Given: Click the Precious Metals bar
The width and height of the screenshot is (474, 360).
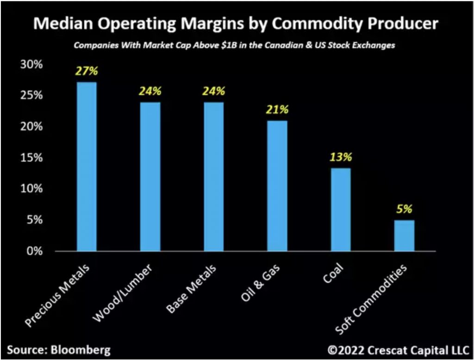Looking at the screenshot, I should tap(87, 167).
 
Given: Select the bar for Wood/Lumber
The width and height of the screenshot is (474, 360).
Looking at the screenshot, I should tap(150, 177).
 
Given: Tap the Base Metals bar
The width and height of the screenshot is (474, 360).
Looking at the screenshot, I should tap(213, 177).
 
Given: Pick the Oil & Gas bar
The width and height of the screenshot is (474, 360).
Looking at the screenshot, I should tap(277, 186).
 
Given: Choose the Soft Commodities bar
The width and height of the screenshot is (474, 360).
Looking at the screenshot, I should tap(404, 236).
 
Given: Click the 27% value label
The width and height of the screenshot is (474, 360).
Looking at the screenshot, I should tap(87, 72).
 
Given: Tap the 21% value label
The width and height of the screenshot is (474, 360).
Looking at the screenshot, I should tap(277, 110).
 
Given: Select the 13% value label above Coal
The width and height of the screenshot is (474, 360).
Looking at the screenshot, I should tap(341, 157).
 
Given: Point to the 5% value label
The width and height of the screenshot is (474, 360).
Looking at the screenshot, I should tap(404, 209).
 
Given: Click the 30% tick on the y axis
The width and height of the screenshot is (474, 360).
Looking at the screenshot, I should tap(31, 64).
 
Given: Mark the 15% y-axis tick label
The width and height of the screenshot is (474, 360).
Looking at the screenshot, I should tap(31, 158).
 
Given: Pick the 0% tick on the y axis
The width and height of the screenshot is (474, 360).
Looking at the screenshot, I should tap(34, 251).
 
